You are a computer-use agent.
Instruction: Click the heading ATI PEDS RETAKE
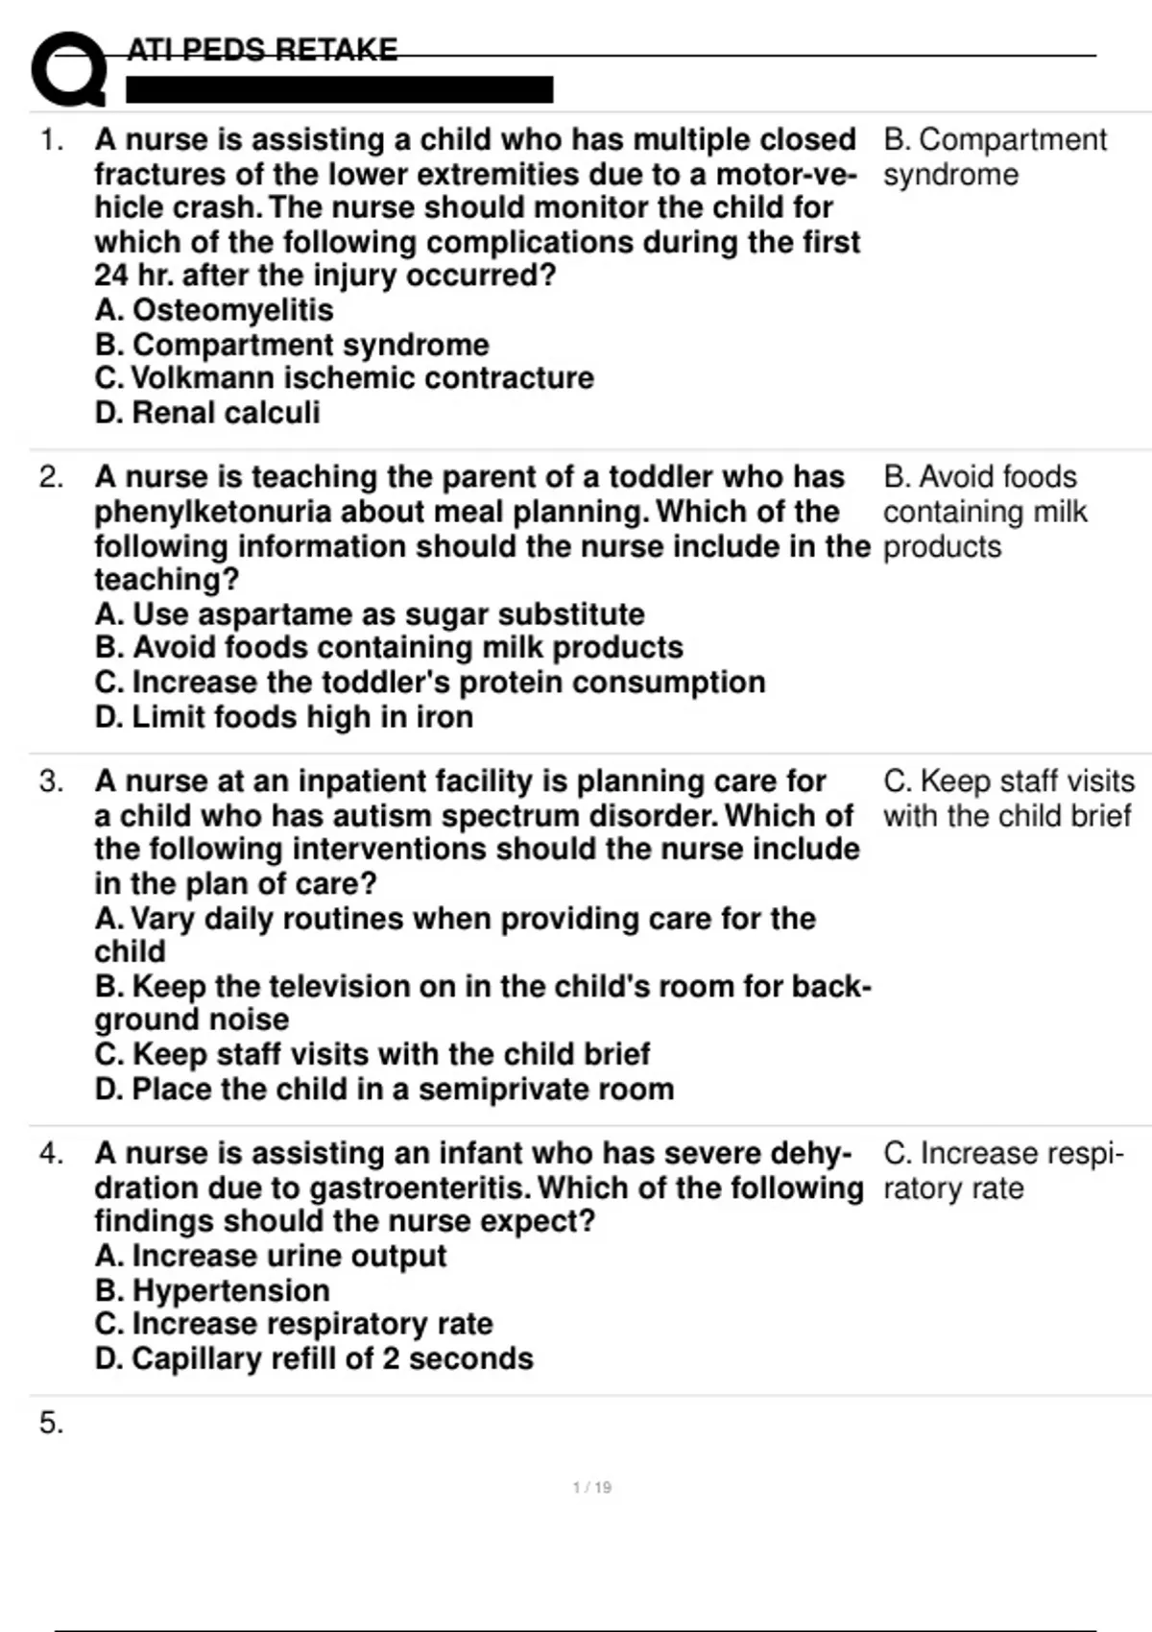pos(262,50)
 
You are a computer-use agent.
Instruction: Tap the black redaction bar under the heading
pos(339,90)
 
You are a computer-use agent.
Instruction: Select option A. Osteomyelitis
pos(214,310)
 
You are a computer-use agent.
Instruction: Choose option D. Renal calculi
pos(207,413)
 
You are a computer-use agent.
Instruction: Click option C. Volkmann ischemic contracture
pos(344,378)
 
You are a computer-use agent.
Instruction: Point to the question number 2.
pos(52,477)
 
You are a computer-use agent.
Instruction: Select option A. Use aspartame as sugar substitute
pos(370,614)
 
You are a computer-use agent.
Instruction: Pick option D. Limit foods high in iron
pos(284,717)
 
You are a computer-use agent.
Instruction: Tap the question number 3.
pos(52,781)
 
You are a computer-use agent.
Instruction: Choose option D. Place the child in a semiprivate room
pos(384,1090)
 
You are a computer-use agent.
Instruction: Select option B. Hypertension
pos(212,1290)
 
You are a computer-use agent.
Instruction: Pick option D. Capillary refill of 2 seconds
pos(314,1359)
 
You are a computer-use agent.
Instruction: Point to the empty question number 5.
pos(52,1423)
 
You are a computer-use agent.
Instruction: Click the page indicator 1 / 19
pos(591,1488)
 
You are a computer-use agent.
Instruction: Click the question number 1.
pos(52,140)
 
